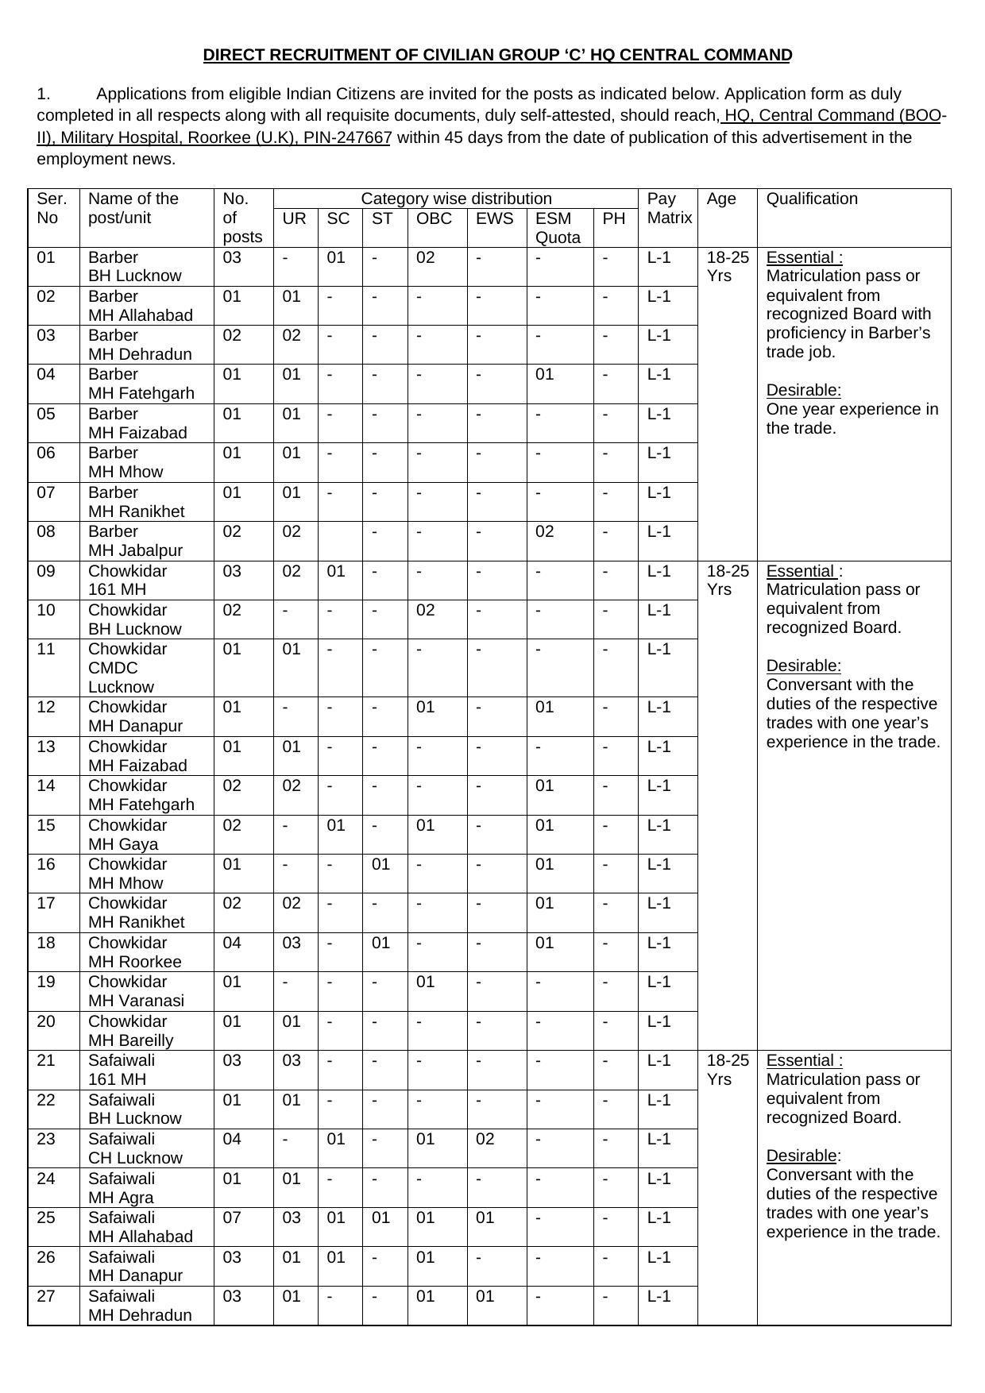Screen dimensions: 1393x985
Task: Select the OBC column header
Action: pyautogui.click(x=434, y=218)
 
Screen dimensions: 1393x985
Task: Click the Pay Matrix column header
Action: pyautogui.click(x=669, y=208)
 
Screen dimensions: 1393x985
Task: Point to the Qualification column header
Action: pyautogui.click(x=811, y=199)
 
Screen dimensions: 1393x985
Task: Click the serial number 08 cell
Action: pyautogui.click(x=46, y=531)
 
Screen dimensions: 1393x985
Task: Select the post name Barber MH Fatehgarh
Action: pyautogui.click(x=141, y=384)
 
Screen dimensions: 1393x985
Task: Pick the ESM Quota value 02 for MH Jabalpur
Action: pyautogui.click(x=544, y=531)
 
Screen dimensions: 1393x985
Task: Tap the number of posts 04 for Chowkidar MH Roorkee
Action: pyautogui.click(x=231, y=943)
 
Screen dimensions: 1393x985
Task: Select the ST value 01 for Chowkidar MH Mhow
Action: pyautogui.click(x=381, y=864)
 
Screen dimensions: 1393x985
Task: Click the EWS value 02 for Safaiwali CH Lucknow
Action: pyautogui.click(x=485, y=1139)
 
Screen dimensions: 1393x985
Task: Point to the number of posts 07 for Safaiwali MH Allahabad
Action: pyautogui.click(x=231, y=1217)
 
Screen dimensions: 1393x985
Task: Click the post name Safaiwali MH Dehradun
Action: pyautogui.click(x=140, y=1306)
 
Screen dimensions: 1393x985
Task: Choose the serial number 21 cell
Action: pyautogui.click(x=46, y=1060)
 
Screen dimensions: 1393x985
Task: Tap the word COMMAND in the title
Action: pyautogui.click(x=747, y=55)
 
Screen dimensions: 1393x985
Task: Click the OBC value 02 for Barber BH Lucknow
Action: pyautogui.click(x=426, y=257)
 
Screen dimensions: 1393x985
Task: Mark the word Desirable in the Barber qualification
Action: pyautogui.click(x=803, y=390)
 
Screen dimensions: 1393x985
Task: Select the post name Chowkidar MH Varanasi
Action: pyautogui.click(x=136, y=991)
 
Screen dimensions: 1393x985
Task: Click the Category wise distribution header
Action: pyautogui.click(x=456, y=199)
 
